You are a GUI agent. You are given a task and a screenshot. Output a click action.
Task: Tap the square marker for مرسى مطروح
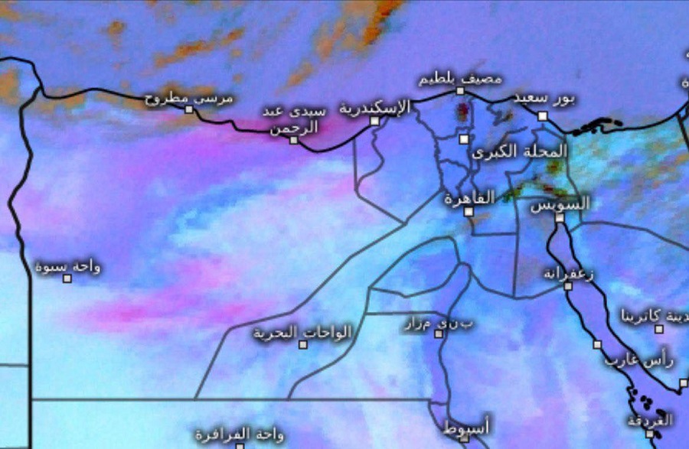pos(189,109)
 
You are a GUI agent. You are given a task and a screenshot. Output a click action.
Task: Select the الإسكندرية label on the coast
pos(374,108)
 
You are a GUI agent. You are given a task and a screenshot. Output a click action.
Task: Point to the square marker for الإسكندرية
pos(374,121)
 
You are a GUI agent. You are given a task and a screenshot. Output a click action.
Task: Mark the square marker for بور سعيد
pos(542,116)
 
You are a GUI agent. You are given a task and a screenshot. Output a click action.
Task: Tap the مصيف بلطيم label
pos(460,79)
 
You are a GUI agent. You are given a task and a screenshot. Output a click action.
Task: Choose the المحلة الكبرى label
pos(521,151)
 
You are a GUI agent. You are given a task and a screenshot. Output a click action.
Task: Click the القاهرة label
pos(469,198)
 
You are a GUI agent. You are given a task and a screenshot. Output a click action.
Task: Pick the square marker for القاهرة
pos(469,211)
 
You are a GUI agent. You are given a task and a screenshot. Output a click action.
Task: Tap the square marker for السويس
pos(560,218)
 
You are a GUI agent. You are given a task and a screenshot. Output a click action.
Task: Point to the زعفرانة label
pos(570,273)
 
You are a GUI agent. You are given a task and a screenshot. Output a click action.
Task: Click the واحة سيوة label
pos(67,267)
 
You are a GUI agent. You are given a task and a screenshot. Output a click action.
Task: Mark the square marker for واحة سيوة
pos(67,278)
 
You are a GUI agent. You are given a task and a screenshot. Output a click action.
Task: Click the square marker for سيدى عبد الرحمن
pos(293,140)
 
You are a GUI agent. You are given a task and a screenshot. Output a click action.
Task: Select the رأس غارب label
pos(638,358)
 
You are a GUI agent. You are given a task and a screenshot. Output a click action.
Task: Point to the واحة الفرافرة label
pos(239,434)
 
